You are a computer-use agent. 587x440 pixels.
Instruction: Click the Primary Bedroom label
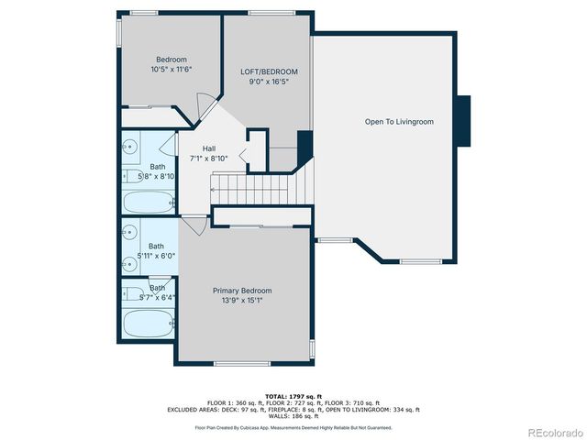tap(242, 291)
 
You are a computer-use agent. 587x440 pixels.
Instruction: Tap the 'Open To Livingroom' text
tap(399, 121)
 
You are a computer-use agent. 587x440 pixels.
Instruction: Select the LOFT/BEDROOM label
tap(270, 71)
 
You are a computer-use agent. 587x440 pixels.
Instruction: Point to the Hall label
tap(209, 148)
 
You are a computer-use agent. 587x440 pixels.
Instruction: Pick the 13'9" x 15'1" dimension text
tap(242, 301)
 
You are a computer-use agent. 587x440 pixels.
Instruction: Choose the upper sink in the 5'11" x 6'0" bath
tap(129, 232)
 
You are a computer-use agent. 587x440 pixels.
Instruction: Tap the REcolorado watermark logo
tap(551, 431)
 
